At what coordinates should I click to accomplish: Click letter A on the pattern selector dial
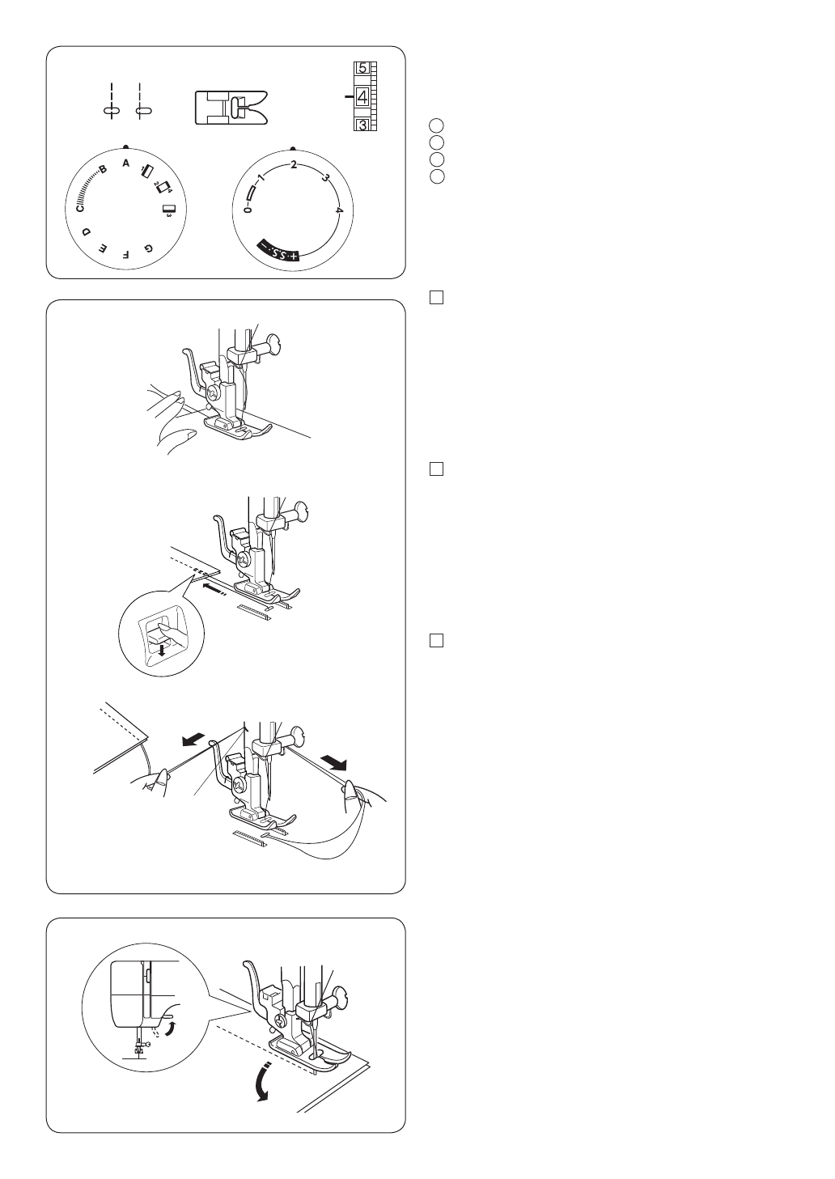[125, 163]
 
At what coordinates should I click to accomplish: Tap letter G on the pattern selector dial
[148, 248]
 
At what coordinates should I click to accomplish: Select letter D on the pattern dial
[88, 231]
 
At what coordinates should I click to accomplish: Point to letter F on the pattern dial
[125, 255]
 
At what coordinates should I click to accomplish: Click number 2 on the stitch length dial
[294, 165]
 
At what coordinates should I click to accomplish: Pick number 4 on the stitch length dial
[339, 210]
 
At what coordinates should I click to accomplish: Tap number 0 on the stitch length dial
[248, 210]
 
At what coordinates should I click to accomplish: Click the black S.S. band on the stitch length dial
[278, 252]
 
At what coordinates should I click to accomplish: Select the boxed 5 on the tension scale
[362, 68]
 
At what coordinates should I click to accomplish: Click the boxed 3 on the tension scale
[362, 125]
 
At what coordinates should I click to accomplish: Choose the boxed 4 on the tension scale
[362, 97]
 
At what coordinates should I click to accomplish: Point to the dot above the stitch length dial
[293, 148]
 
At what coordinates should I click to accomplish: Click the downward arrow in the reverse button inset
[162, 651]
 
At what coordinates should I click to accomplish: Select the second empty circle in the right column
[437, 142]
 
